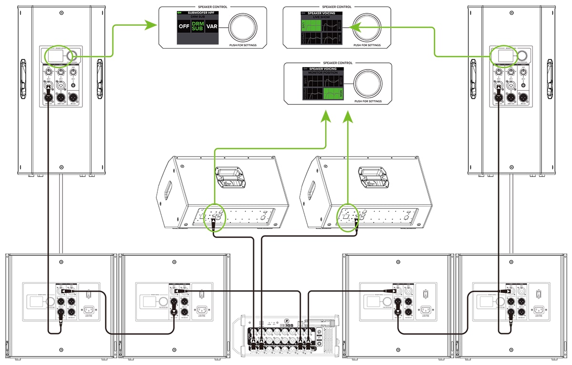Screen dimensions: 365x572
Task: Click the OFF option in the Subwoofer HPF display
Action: pos(184,26)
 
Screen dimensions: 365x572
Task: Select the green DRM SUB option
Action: pos(197,26)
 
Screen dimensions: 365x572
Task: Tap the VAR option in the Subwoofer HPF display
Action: pos(212,26)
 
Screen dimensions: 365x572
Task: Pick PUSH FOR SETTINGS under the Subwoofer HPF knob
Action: pos(243,45)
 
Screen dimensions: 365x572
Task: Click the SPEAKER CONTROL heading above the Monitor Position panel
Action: pos(338,63)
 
